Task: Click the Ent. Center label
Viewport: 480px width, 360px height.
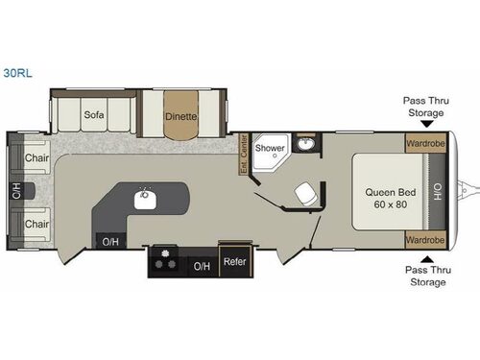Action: tap(244, 156)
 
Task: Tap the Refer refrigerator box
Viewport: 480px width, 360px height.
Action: tap(234, 261)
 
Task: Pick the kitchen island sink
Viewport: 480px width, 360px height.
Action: tap(145, 200)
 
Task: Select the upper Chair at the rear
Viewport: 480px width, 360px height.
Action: tap(36, 157)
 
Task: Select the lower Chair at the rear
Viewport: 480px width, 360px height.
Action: tap(36, 224)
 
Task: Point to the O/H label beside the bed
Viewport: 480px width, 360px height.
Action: tap(437, 191)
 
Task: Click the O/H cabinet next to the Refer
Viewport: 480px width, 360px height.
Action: tap(202, 266)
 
